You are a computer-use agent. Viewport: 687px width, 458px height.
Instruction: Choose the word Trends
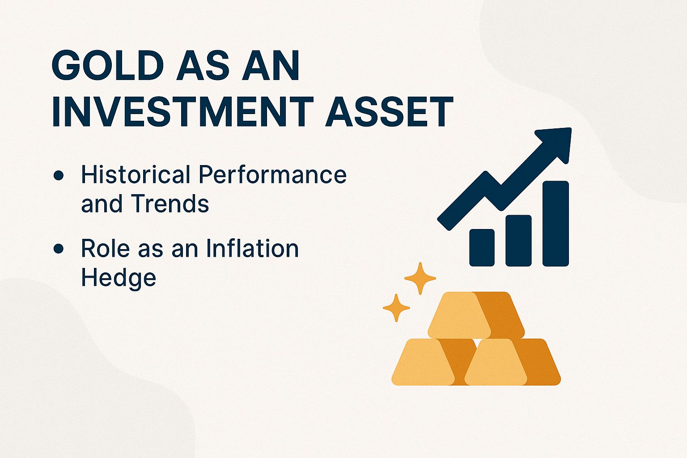pyautogui.click(x=170, y=204)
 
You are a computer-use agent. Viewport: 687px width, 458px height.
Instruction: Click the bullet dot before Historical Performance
pyautogui.click(x=58, y=175)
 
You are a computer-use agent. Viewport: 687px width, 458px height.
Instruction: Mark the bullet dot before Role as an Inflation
pyautogui.click(x=58, y=249)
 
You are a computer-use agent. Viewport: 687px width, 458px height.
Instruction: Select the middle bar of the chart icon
pyautogui.click(x=518, y=240)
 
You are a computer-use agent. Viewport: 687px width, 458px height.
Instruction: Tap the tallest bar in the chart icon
pyautogui.click(x=556, y=223)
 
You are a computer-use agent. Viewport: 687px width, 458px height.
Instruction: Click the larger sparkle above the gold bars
pyautogui.click(x=420, y=278)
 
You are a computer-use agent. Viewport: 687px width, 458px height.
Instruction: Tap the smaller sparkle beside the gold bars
pyautogui.click(x=396, y=308)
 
